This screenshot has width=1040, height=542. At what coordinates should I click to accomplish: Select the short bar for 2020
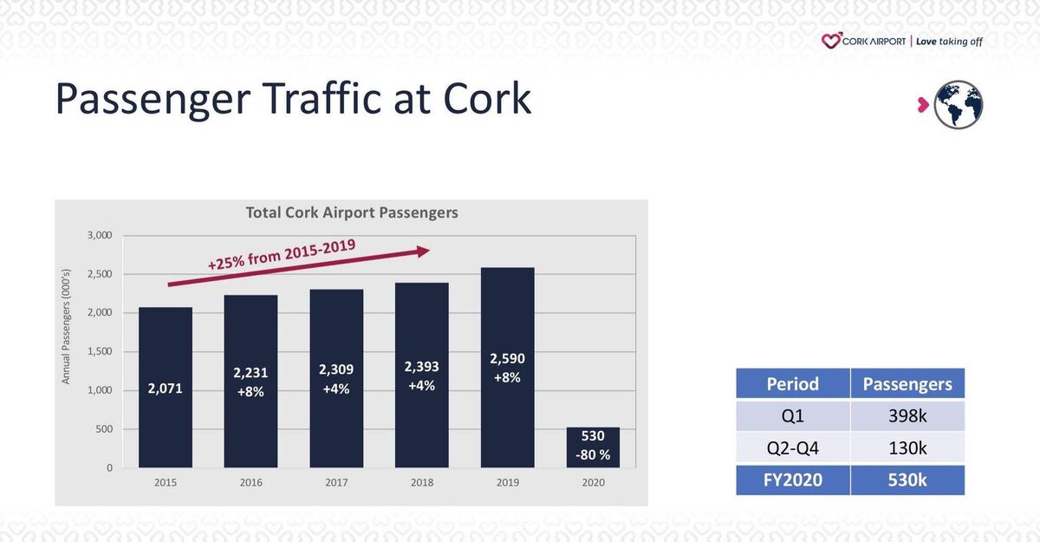pyautogui.click(x=593, y=447)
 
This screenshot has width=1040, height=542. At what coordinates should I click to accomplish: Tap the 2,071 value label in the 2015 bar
pyautogui.click(x=165, y=389)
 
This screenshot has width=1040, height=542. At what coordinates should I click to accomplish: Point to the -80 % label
pyautogui.click(x=594, y=455)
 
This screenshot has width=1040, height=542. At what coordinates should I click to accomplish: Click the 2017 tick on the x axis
pyautogui.click(x=336, y=482)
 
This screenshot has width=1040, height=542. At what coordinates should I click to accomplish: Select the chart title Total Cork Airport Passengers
pyautogui.click(x=352, y=212)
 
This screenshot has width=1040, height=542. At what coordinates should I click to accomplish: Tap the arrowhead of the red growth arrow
pyautogui.click(x=423, y=251)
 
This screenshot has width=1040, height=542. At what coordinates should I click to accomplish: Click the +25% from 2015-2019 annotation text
pyautogui.click(x=282, y=256)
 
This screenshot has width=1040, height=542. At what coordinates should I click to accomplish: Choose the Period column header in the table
pyautogui.click(x=792, y=384)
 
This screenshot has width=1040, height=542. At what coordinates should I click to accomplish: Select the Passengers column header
pyautogui.click(x=907, y=384)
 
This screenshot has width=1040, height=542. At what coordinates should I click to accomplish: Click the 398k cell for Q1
pyautogui.click(x=907, y=416)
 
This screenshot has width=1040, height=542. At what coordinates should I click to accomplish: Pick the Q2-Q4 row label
pyautogui.click(x=792, y=447)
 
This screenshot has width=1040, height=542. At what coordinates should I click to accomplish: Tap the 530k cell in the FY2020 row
pyautogui.click(x=907, y=480)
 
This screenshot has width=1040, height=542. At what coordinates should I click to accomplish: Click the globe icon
pyautogui.click(x=959, y=105)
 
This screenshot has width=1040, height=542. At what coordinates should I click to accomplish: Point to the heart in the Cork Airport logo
pyautogui.click(x=831, y=41)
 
